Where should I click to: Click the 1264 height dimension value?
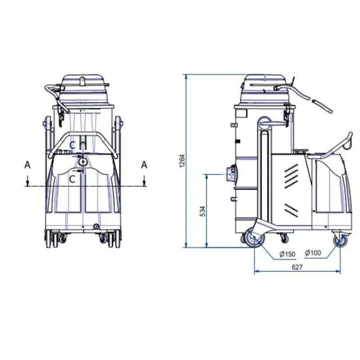(x=182, y=161)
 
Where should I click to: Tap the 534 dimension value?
(x=203, y=211)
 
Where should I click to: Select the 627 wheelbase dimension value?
(x=297, y=267)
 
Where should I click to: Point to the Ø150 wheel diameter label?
(x=287, y=254)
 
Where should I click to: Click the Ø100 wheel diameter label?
(x=313, y=253)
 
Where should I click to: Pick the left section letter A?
(x=27, y=165)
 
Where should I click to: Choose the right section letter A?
(x=144, y=165)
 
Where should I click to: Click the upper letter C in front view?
(x=72, y=145)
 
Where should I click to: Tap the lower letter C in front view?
(x=72, y=179)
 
